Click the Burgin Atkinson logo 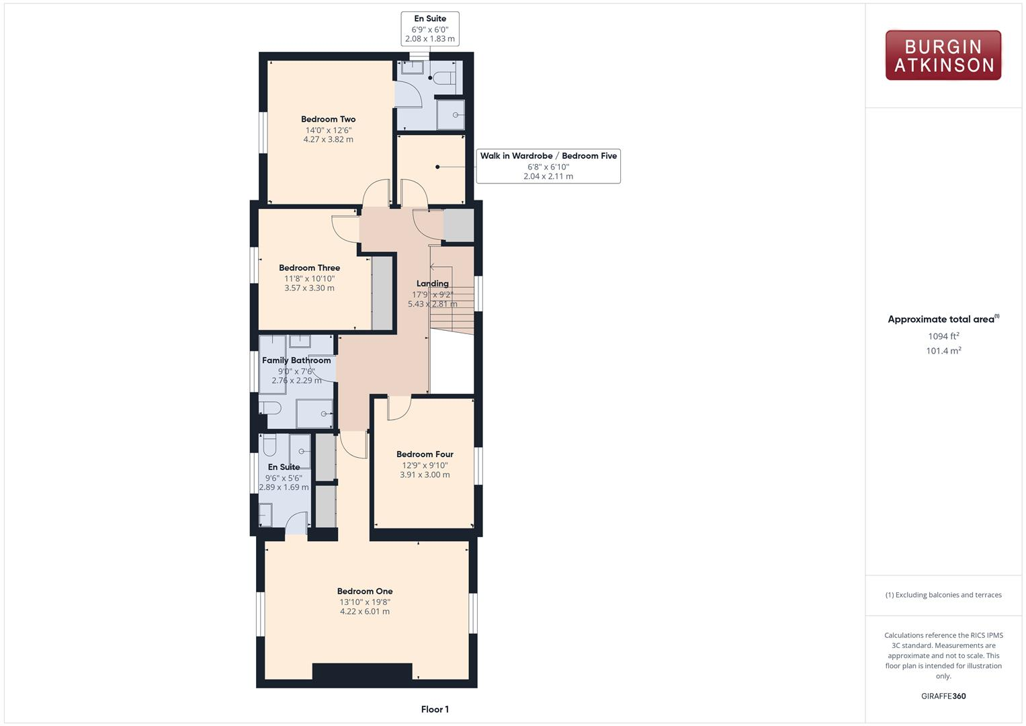(x=943, y=56)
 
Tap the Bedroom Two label (x=328, y=119)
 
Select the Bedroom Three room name (x=309, y=268)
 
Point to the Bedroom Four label (x=425, y=454)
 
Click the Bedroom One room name (x=365, y=592)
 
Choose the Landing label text (x=432, y=284)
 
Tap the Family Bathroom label (x=296, y=360)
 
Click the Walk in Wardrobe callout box (x=548, y=166)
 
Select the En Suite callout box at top (x=430, y=29)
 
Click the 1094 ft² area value (x=943, y=336)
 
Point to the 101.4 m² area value (x=943, y=351)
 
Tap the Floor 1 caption (x=435, y=709)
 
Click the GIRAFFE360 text (x=943, y=696)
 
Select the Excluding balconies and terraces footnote (x=943, y=595)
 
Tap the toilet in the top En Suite (x=443, y=78)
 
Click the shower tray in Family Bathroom (x=314, y=413)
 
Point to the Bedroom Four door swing (x=398, y=408)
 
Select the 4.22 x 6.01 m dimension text (x=365, y=612)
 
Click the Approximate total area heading (x=943, y=319)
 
